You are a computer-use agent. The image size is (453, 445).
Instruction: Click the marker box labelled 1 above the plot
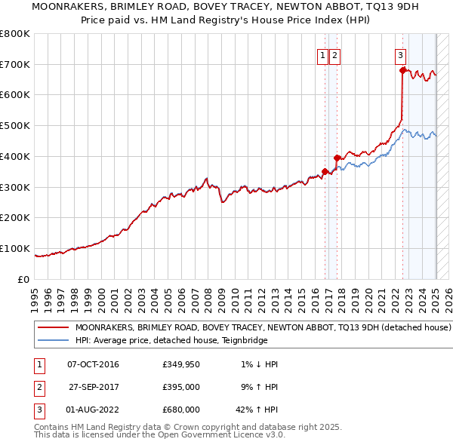[322, 54]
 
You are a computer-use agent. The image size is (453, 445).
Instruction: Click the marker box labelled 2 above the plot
[334, 54]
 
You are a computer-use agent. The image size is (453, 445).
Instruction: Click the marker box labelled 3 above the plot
[399, 54]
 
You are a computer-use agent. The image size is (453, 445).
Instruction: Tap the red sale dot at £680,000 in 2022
[402, 70]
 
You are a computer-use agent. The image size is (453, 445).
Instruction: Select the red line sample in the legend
[53, 328]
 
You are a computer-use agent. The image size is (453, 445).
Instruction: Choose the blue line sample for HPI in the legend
[53, 340]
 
